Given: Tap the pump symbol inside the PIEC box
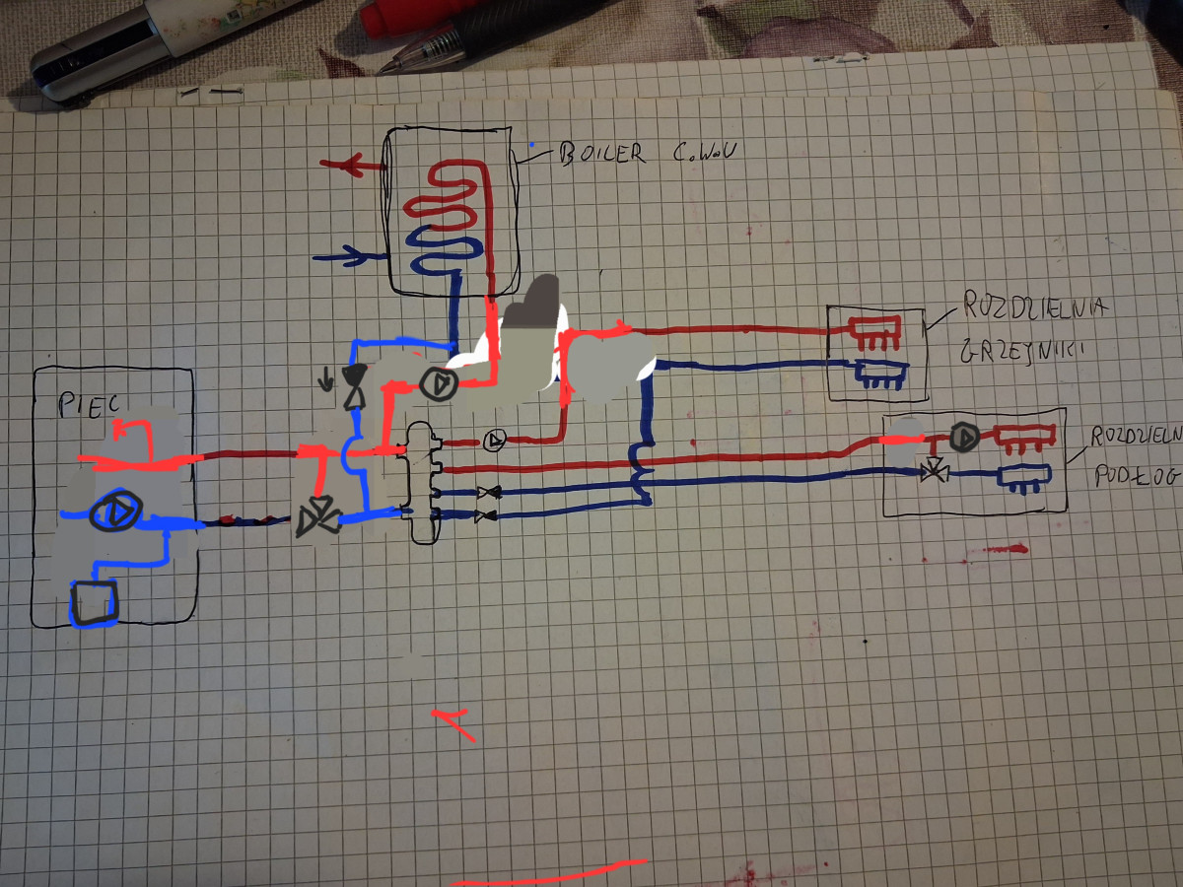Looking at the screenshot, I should coord(115,512).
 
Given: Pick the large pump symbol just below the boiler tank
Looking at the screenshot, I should coord(434,383).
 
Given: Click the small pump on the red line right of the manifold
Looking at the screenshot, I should coord(496,439).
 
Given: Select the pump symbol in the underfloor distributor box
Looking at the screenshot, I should coord(964,435).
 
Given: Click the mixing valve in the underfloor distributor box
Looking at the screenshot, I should coord(932,471).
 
